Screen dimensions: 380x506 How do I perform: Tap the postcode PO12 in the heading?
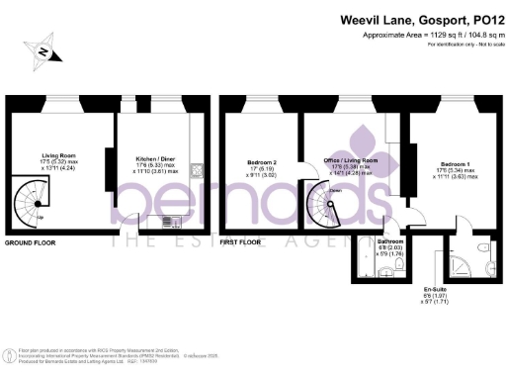click(473, 19)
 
